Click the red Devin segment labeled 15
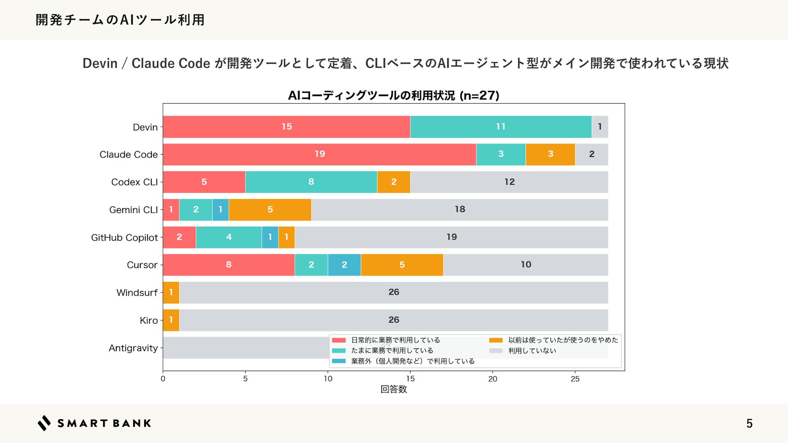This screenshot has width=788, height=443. [286, 127]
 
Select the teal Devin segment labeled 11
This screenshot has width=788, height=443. [501, 127]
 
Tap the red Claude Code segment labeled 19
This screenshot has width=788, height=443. [319, 154]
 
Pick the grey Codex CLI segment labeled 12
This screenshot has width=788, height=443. [509, 182]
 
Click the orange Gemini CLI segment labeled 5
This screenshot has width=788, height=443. [270, 210]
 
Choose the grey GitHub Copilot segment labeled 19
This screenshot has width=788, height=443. [451, 237]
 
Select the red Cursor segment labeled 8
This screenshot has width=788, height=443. [229, 265]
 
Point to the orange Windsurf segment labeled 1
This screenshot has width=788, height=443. [171, 292]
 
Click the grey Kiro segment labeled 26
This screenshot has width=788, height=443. [394, 320]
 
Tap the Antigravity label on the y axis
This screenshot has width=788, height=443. [133, 348]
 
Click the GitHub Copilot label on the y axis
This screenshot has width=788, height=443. [124, 237]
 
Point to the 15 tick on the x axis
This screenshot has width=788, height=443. [410, 379]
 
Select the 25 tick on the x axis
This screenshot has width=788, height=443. [575, 379]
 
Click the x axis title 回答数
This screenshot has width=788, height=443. [394, 389]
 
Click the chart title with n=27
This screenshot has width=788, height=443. [394, 96]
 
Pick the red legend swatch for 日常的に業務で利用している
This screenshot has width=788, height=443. [339, 340]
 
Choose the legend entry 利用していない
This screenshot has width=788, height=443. [532, 351]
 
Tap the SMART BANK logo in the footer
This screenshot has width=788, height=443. [94, 423]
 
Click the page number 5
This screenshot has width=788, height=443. [749, 423]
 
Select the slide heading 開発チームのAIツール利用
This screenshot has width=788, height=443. [120, 20]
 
